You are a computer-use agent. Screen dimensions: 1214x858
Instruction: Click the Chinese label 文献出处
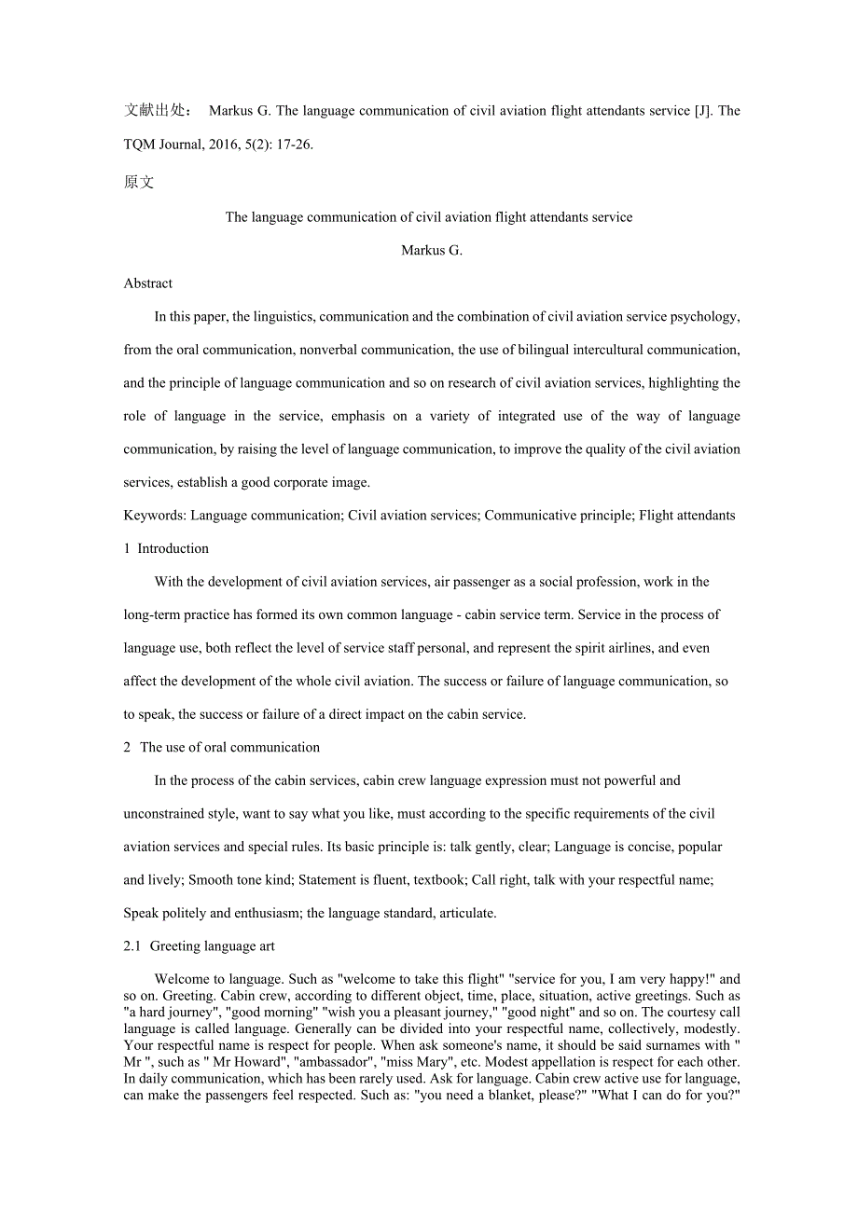[158, 111]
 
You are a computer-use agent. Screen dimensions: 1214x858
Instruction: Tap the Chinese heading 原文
[139, 183]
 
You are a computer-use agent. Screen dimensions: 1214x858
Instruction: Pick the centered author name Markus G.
[431, 251]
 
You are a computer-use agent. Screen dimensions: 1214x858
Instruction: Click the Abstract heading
[148, 283]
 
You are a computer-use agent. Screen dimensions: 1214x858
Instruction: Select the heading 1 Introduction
[166, 549]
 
